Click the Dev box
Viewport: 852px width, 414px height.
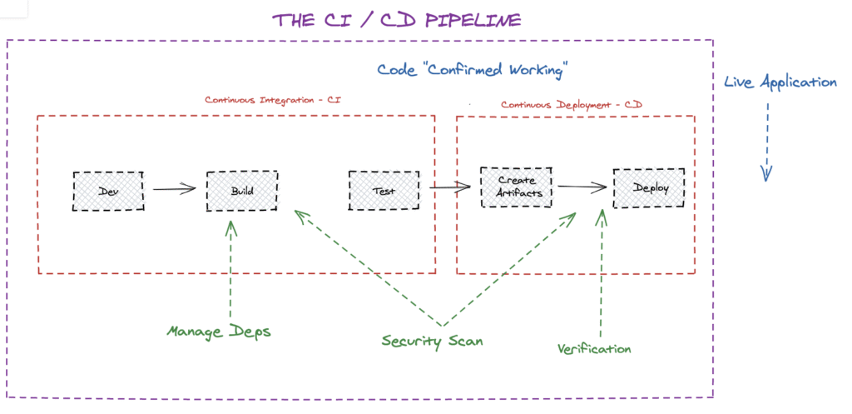tap(108, 191)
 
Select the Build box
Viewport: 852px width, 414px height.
tap(242, 191)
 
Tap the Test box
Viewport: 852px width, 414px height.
tap(384, 191)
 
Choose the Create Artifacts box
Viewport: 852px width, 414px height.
tap(517, 187)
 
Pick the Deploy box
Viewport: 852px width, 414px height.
tap(649, 187)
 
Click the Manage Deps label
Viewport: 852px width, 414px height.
tap(219, 332)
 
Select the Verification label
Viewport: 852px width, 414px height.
tap(594, 348)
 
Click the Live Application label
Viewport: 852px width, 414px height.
tap(780, 82)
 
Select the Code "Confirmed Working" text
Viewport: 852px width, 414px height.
tap(472, 70)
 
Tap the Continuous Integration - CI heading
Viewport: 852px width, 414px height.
tap(273, 100)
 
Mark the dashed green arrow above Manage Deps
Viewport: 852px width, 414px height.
tap(231, 267)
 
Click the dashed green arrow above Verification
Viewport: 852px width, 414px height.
tap(601, 267)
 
